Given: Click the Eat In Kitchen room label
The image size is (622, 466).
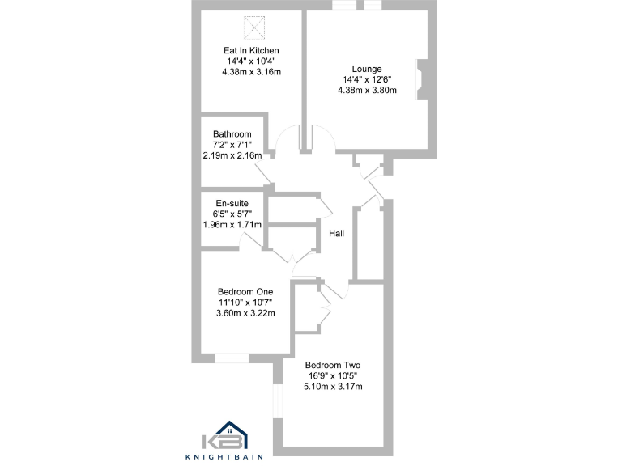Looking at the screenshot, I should pos(251,50).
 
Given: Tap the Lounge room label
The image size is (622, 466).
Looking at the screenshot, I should pos(367,69).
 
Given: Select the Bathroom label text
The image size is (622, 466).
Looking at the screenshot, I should pos(232,133).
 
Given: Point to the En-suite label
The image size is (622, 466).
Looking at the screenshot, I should pos(232,203).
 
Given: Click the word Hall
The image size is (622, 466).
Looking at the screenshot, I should pos(337,234).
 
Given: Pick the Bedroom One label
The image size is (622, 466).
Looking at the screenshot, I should pos(245,291).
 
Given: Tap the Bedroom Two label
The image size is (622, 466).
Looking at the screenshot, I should pos(332,364).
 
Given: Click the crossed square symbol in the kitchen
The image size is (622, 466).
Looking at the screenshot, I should pos(255,28).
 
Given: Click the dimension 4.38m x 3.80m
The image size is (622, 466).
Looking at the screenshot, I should pos(367,91).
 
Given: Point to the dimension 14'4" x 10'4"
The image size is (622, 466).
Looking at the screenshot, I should pos(251,61).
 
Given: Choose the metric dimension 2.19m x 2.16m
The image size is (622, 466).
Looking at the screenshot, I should pos(232,155).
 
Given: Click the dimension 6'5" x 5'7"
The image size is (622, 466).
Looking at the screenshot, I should pos(232,214).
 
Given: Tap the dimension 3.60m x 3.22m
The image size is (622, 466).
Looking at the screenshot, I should pos(245,313).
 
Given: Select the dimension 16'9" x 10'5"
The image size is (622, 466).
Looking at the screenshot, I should pos(332,375).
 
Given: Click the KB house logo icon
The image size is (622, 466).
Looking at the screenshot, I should pos(231,434).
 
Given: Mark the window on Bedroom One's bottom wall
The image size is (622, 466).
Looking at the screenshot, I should pos(232,357).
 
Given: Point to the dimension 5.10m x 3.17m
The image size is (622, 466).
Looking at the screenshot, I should pos(332,387).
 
